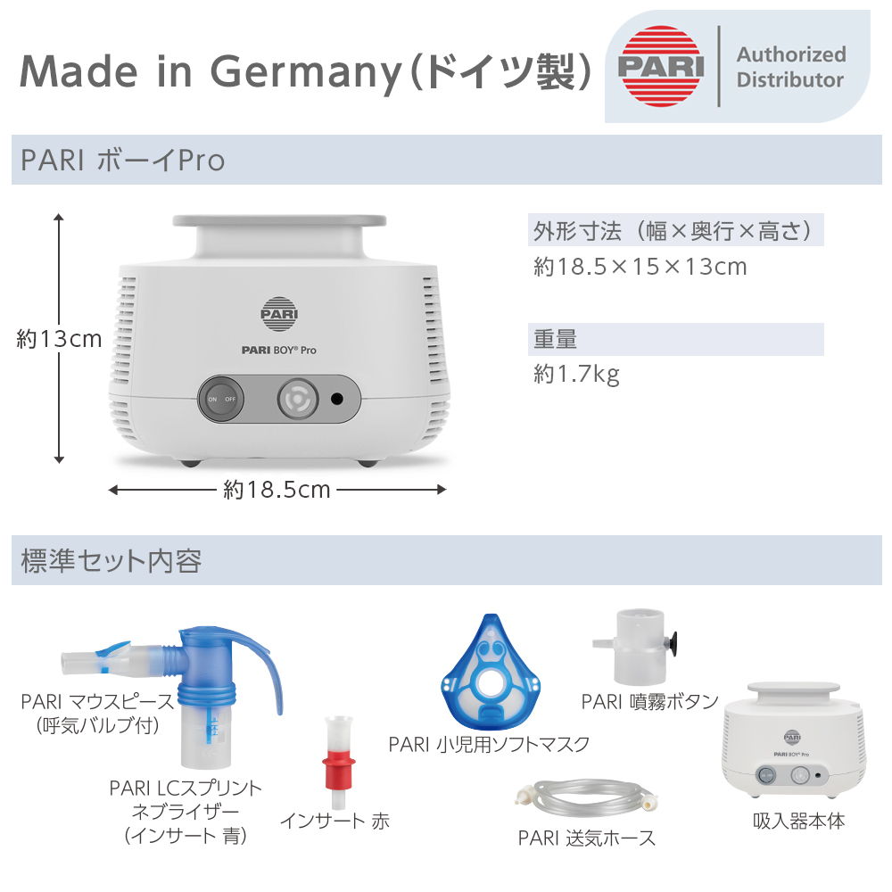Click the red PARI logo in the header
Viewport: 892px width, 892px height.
click(x=660, y=67)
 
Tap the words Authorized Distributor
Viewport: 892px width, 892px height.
click(x=789, y=67)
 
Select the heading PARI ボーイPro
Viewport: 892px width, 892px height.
click(x=123, y=161)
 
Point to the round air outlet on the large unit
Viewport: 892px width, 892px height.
click(x=295, y=399)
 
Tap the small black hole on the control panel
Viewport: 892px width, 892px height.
click(x=338, y=399)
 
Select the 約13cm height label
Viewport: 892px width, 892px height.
click(x=59, y=339)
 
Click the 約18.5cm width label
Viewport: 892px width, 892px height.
click(x=277, y=490)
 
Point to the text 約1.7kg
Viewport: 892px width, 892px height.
click(x=576, y=374)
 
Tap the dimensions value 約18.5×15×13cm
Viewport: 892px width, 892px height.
click(x=640, y=267)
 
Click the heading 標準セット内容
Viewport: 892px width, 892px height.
click(x=112, y=561)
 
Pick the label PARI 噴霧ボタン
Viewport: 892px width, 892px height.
click(x=649, y=701)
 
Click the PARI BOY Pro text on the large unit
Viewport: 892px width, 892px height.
click(x=279, y=351)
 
